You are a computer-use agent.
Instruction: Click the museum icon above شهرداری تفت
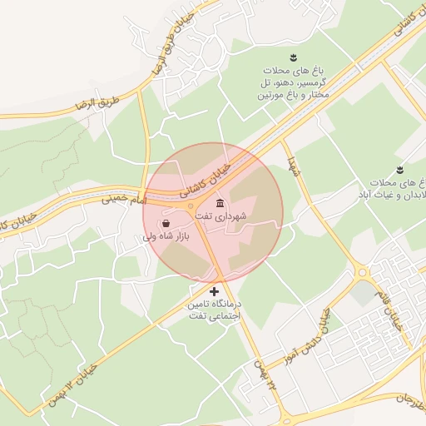220,204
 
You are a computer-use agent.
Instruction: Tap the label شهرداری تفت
221,216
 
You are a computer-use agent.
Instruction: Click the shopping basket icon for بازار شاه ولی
166,224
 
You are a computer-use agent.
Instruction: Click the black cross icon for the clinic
215,291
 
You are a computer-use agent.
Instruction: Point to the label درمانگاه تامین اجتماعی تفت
215,310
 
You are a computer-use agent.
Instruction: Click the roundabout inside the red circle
191,205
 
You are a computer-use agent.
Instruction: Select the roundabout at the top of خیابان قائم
362,271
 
